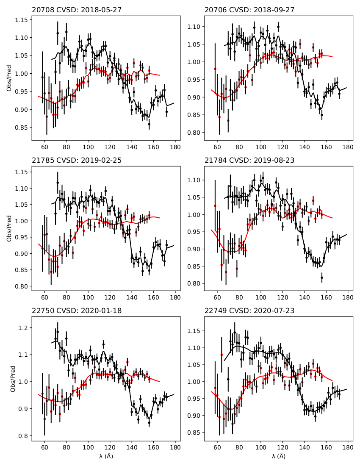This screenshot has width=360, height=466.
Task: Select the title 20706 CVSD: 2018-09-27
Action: (249, 10)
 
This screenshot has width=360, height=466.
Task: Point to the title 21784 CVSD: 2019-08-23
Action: (249, 160)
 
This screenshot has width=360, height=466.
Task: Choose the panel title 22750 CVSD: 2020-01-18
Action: (77, 311)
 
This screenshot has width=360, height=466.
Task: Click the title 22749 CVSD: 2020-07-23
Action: (249, 311)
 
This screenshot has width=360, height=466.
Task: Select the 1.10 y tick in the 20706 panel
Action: (194, 27)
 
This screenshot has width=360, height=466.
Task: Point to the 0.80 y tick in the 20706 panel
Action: (194, 133)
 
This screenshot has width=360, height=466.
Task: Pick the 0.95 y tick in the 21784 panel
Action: (194, 232)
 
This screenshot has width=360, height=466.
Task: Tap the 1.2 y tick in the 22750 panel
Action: (24, 328)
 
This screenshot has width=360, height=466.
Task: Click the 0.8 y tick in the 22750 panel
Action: (24, 436)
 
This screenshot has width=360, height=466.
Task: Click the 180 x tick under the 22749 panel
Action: (348, 447)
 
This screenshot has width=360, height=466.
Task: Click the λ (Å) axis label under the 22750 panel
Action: (106, 456)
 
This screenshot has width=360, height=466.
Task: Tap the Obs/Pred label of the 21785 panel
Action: (9, 228)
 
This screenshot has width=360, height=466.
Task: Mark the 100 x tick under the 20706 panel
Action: (261, 146)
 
